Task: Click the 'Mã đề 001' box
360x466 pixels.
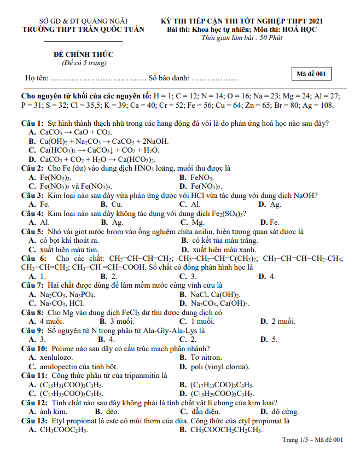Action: pyautogui.click(x=311, y=74)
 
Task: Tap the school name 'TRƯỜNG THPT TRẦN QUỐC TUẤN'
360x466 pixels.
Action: pyautogui.click(x=82, y=29)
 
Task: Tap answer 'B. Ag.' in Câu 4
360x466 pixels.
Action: pyautogui.click(x=112, y=222)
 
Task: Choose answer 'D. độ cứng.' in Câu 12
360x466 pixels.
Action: pyautogui.click(x=279, y=411)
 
